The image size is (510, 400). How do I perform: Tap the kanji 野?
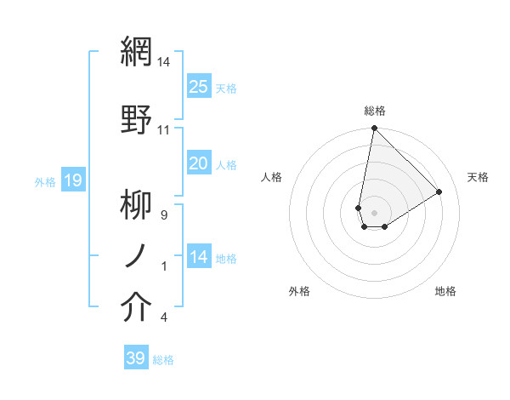tap(137, 117)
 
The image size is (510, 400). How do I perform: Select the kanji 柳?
tap(137, 204)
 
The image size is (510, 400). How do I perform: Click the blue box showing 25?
tap(199, 87)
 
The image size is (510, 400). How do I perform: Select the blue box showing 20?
tap(199, 163)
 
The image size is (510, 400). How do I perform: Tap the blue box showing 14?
tap(199, 257)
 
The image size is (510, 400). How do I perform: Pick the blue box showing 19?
tap(73, 180)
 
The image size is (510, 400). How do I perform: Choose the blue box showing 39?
tap(136, 358)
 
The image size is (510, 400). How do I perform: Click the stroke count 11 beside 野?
tap(164, 130)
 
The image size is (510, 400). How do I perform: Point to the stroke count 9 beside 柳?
tap(164, 215)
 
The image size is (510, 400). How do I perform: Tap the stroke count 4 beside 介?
tap(164, 318)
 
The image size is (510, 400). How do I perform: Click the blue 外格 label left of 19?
tap(45, 181)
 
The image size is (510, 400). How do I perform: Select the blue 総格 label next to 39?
tap(163, 360)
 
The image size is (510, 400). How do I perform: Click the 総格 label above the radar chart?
tap(375, 111)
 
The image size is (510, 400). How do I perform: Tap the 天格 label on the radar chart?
tap(479, 177)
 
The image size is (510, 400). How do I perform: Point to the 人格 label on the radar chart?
tap(272, 177)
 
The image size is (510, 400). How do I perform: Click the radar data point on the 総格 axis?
tap(374, 129)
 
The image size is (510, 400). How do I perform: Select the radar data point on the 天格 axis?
tap(439, 191)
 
